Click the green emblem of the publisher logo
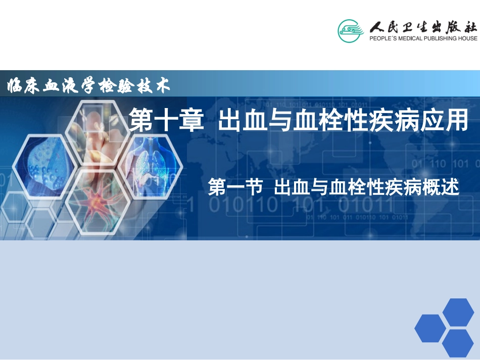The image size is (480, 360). (x=350, y=30)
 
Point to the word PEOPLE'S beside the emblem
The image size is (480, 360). (x=382, y=38)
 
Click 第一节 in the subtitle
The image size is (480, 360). (x=235, y=188)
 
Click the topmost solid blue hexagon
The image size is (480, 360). (x=458, y=312)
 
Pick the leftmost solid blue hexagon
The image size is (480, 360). (x=430, y=328)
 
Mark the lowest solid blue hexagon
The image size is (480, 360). (x=458, y=343)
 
